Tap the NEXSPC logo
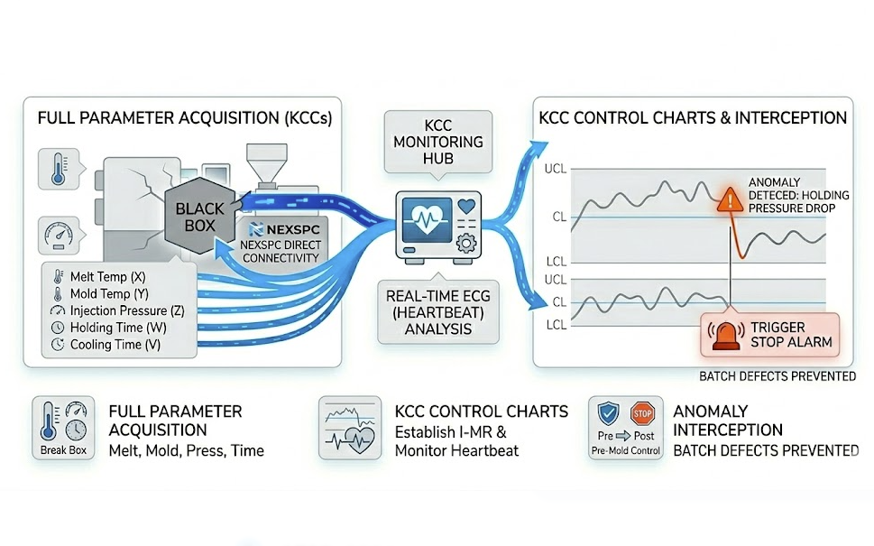(x=282, y=229)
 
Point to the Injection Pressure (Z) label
(x=120, y=310)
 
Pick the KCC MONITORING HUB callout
(x=439, y=142)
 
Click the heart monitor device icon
(x=439, y=228)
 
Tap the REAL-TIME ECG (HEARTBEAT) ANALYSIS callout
(x=439, y=312)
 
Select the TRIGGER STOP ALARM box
(x=769, y=335)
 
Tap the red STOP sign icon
(x=641, y=414)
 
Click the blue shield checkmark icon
(x=609, y=415)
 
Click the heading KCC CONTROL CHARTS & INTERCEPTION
(x=692, y=118)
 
